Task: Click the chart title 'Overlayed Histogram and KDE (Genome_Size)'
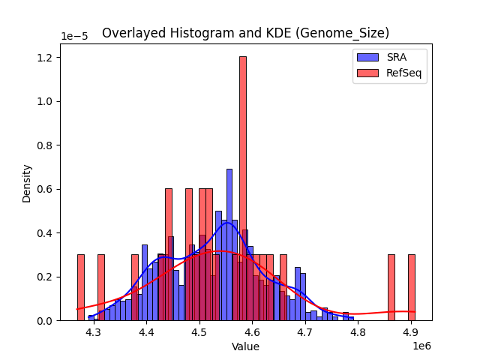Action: (x=245, y=33)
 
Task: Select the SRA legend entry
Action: (x=389, y=58)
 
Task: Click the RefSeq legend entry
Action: (x=389, y=73)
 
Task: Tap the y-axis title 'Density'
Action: (x=27, y=184)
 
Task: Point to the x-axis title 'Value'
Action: (x=245, y=347)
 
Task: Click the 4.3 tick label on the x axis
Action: (x=94, y=332)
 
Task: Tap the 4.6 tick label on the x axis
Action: (x=252, y=332)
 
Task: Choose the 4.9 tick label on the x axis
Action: (x=410, y=332)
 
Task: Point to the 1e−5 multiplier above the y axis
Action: (x=75, y=37)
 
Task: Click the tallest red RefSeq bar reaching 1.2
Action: (x=243, y=187)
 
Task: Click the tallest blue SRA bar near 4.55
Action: (x=229, y=244)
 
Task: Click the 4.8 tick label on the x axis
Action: (x=358, y=332)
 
